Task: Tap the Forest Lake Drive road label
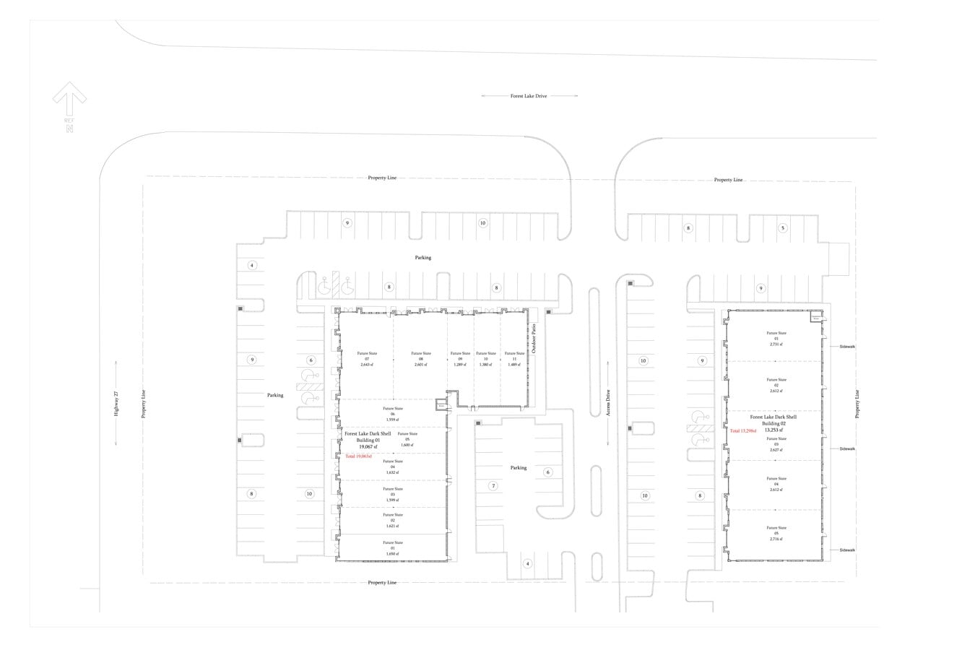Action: tap(529, 95)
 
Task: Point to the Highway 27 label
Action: tap(115, 402)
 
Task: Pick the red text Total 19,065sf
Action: tap(358, 456)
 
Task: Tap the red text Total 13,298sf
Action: tap(743, 430)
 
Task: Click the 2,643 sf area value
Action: tap(367, 365)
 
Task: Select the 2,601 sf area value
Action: tap(420, 365)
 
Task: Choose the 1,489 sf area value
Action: tap(514, 365)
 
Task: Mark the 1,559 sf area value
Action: tap(393, 420)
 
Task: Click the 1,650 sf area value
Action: tap(393, 554)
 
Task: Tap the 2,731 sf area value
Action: tap(776, 344)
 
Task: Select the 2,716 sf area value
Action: tap(776, 539)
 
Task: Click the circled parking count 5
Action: tap(782, 228)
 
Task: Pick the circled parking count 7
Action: tap(494, 486)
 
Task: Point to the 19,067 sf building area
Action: tap(368, 447)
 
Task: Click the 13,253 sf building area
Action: tap(773, 430)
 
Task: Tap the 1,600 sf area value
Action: tap(407, 446)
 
